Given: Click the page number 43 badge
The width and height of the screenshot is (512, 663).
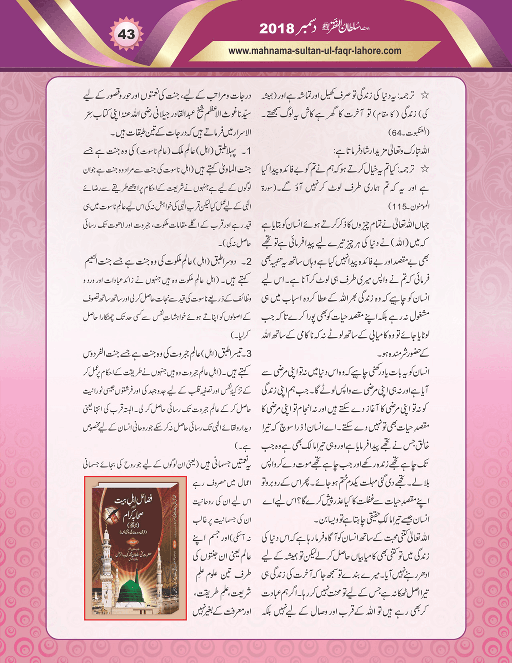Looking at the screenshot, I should [126, 34].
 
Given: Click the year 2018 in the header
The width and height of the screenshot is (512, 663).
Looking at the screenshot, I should [276, 29].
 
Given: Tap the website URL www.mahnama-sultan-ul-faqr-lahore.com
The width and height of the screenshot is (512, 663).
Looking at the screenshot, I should [314, 50].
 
